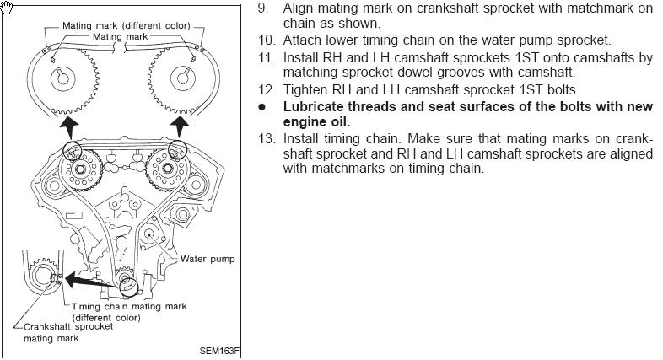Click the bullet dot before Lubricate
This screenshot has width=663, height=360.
pyautogui.click(x=262, y=107)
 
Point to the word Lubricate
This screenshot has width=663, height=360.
pyautogui.click(x=313, y=107)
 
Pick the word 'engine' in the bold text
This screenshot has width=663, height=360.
pyautogui.click(x=302, y=121)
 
